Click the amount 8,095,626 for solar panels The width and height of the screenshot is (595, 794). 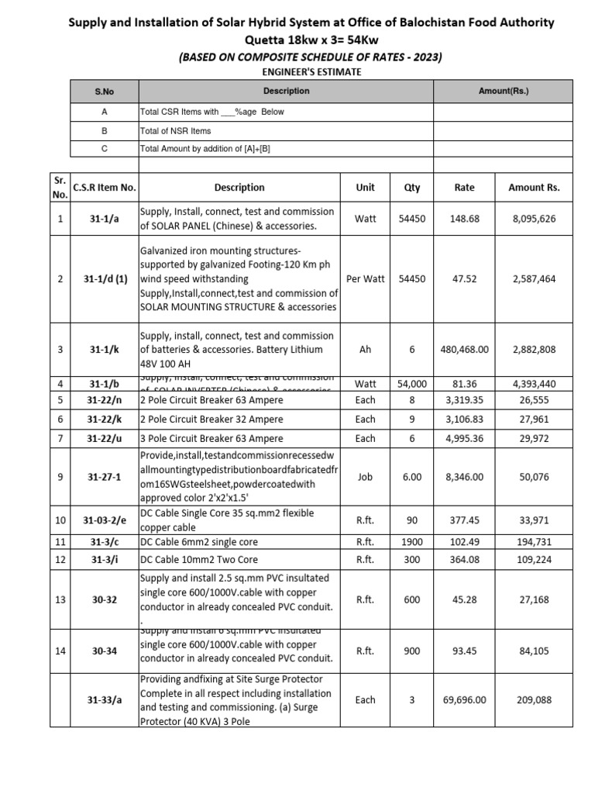tap(534, 219)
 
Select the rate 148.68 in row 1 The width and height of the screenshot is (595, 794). tap(465, 219)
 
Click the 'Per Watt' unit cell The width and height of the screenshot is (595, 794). tap(365, 279)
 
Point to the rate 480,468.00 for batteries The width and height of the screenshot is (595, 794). tap(465, 350)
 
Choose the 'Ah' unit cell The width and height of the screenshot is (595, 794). tap(365, 350)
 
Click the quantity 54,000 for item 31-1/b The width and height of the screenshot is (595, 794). tap(411, 384)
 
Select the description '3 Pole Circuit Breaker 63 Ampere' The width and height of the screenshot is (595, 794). tap(212, 438)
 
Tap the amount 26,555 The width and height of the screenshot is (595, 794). tap(534, 400)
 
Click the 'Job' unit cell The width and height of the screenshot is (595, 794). tap(365, 477)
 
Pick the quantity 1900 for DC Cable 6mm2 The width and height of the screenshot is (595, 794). tap(411, 542)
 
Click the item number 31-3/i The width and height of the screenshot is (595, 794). tap(105, 560)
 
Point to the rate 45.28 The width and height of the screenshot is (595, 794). tap(465, 599)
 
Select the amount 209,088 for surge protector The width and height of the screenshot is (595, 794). tap(534, 699)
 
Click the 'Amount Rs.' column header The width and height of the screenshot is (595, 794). tap(534, 188)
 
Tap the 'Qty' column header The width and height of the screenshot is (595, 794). tap(411, 188)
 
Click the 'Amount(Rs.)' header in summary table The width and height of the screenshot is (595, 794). tap(504, 91)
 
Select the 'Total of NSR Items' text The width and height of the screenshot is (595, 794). tap(175, 131)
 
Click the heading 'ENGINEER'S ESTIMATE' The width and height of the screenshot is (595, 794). tap(297, 72)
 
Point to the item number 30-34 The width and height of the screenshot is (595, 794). tap(105, 651)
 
